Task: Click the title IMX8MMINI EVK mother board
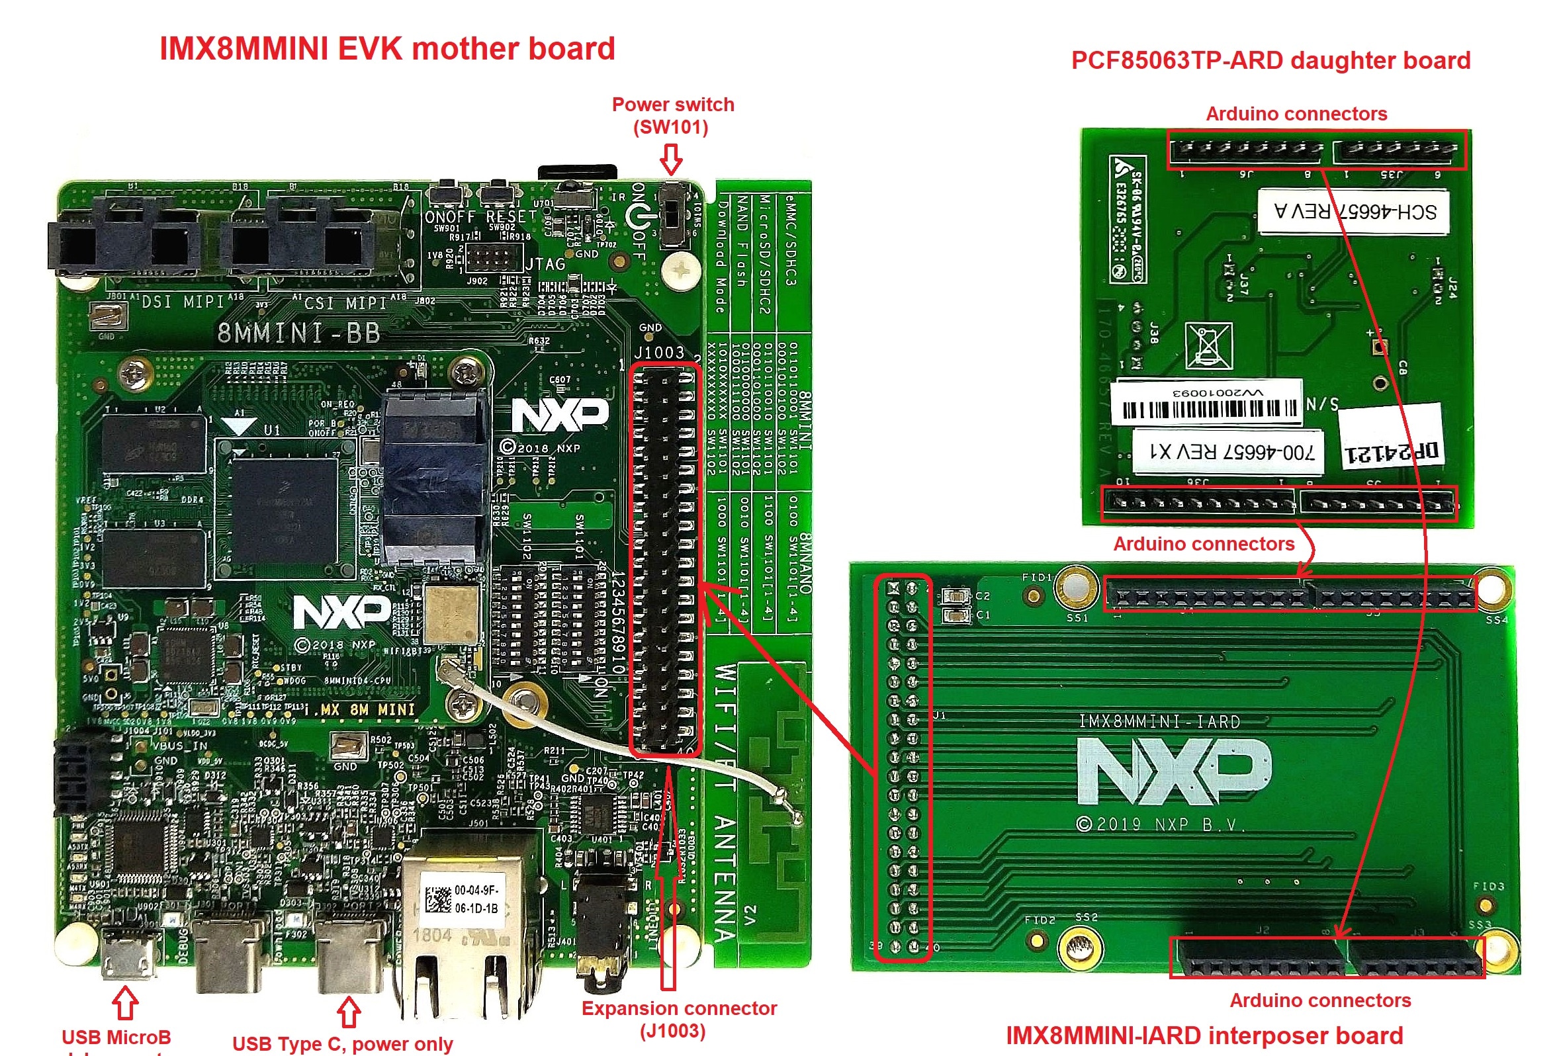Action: (x=387, y=49)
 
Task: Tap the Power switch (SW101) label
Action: (x=672, y=115)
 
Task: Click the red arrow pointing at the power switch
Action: (x=671, y=160)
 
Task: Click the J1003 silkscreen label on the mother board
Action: (x=659, y=352)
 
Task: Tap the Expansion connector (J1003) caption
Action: (x=678, y=1018)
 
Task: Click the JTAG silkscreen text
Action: (x=545, y=265)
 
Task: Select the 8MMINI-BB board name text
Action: (x=298, y=333)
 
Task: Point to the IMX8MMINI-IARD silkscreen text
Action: (x=1159, y=721)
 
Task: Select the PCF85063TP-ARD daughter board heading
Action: (x=1270, y=60)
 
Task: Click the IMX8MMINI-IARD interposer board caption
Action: (x=1204, y=1035)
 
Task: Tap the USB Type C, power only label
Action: (x=342, y=1043)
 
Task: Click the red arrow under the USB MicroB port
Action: (x=126, y=1002)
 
